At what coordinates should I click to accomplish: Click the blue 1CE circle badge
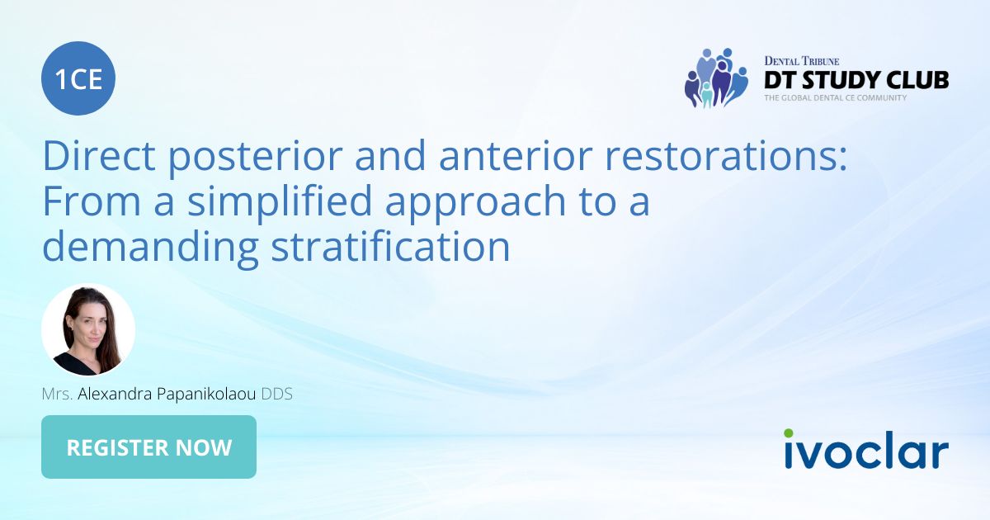(x=78, y=78)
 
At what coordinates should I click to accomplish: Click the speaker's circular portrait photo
(x=88, y=330)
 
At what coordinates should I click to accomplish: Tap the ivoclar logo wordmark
(x=866, y=451)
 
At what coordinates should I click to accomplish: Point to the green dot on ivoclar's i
(x=789, y=433)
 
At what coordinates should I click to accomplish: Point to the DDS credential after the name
(x=277, y=395)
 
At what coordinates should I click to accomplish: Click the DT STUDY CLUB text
(x=856, y=80)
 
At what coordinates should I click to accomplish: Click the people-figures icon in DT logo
(x=714, y=78)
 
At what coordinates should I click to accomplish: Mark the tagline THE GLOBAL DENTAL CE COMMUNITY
(x=835, y=97)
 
